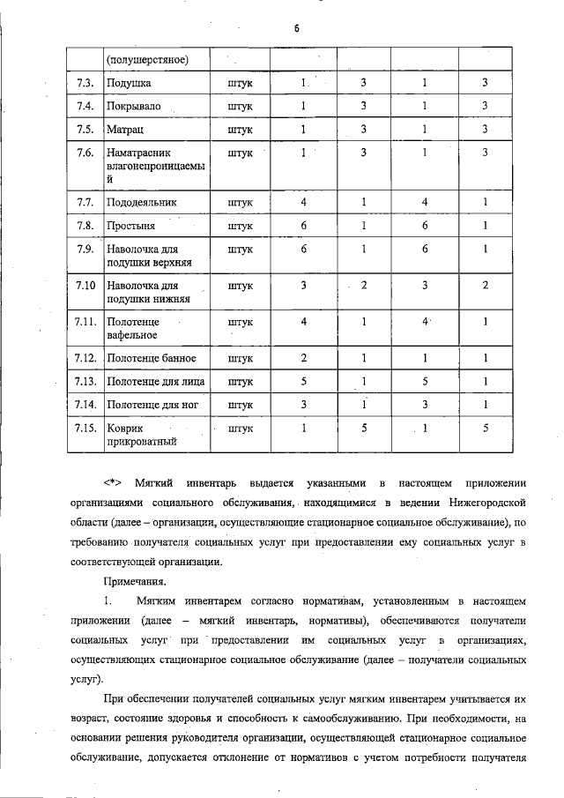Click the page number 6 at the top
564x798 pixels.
coord(297,28)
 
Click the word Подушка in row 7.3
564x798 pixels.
coord(129,83)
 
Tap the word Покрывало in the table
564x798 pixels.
coord(135,107)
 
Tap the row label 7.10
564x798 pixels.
coord(85,287)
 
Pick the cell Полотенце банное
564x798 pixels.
coord(151,359)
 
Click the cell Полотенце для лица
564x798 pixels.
coord(155,382)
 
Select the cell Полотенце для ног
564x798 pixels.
coord(152,406)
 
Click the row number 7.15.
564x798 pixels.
coord(85,429)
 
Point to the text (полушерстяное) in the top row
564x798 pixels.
coord(147,59)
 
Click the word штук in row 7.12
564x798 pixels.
coord(240,359)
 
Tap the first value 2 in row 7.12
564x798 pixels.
coord(303,359)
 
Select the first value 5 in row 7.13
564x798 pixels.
coord(303,382)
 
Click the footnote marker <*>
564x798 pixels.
coord(113,483)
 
